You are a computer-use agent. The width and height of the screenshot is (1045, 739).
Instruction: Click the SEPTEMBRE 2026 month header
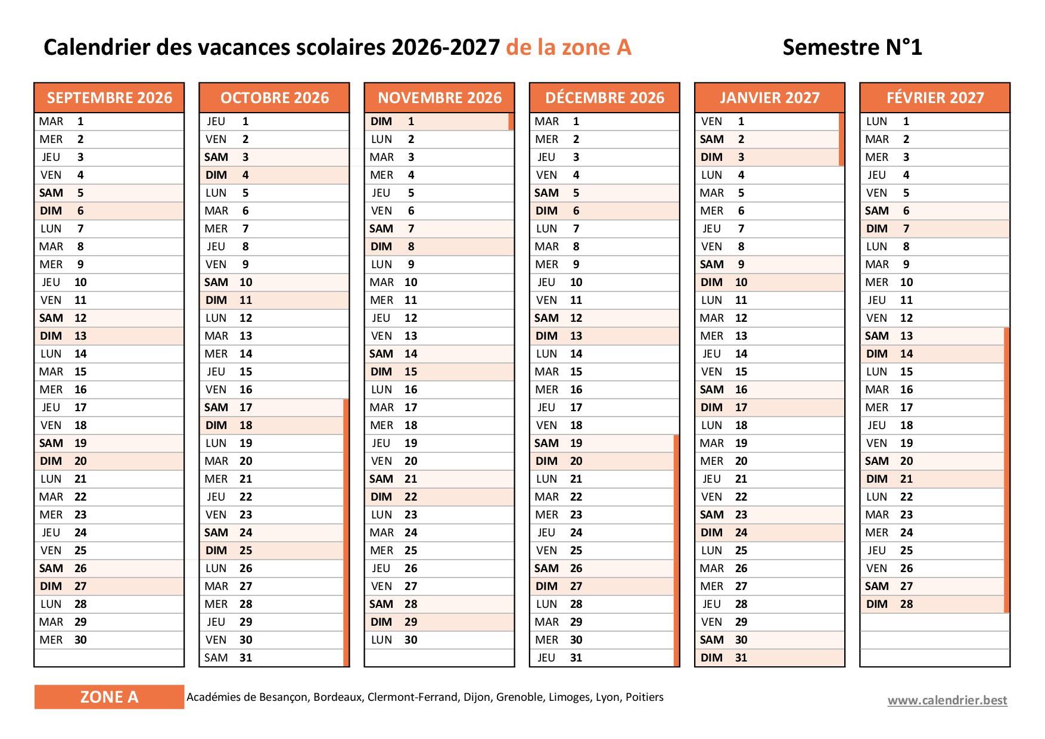(109, 98)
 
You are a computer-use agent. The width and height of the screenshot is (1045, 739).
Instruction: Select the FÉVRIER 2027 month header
(935, 98)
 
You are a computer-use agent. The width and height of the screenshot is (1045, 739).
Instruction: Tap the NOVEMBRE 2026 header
(440, 98)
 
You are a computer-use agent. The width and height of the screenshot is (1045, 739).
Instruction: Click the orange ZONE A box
(109, 697)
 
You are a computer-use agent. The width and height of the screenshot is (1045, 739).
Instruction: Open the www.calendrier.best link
(947, 700)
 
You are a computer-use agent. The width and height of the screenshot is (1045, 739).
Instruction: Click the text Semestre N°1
(852, 48)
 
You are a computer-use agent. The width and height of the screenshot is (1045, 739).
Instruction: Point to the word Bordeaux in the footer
(337, 697)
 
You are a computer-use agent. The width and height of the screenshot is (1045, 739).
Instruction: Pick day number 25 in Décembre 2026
(576, 551)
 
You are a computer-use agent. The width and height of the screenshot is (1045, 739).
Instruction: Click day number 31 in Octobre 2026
(245, 658)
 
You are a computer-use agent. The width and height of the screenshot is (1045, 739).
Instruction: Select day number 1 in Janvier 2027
(741, 122)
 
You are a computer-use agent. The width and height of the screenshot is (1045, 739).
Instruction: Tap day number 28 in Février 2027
(906, 604)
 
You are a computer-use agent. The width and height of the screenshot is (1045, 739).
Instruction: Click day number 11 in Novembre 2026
(410, 300)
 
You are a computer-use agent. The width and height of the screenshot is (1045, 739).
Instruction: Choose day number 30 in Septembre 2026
(80, 640)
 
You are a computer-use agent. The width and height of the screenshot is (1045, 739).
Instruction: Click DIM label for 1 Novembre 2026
(381, 122)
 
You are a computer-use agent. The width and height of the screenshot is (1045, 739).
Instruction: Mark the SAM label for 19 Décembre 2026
(546, 443)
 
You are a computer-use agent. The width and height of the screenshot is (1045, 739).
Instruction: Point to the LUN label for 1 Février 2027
(876, 122)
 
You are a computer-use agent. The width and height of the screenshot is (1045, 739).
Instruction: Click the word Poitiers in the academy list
(644, 697)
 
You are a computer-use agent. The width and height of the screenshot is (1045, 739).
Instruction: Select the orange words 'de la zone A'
(568, 48)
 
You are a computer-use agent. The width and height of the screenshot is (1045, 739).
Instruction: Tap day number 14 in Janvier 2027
(741, 354)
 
